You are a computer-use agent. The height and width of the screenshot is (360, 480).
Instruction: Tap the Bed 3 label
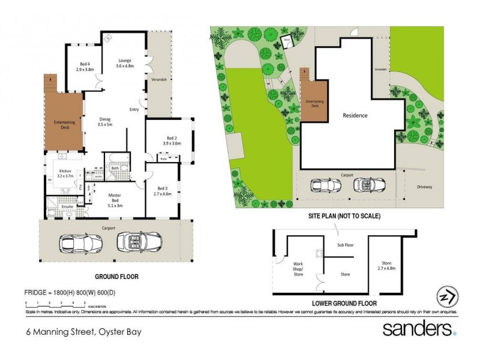163,190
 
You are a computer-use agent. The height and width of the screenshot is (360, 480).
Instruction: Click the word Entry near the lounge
134,109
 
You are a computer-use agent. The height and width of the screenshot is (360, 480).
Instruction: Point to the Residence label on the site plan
355,115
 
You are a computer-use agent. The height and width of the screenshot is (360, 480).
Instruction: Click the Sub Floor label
344,245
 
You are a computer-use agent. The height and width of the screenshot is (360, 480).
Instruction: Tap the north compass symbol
447,297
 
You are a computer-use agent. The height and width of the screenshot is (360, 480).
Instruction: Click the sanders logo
421,329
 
